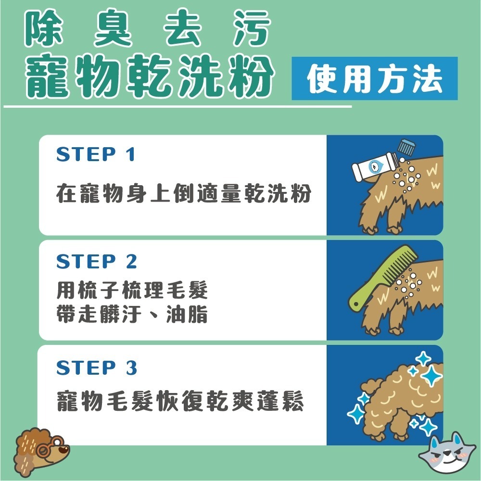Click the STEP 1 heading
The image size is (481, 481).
(96, 155)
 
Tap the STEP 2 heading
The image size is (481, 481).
(97, 262)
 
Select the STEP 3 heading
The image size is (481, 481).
(97, 368)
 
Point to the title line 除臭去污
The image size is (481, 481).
(147, 30)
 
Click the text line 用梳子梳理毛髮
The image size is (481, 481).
(132, 290)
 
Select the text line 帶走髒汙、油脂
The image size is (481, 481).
(132, 315)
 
